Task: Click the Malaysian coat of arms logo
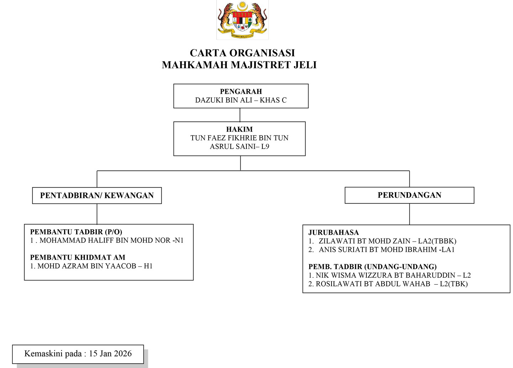click(x=242, y=20)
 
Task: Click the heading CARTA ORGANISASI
click(x=242, y=53)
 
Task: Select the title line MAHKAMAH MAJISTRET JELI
click(x=239, y=65)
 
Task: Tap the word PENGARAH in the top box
click(x=241, y=92)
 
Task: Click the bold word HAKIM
click(x=240, y=129)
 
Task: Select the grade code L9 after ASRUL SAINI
click(x=265, y=147)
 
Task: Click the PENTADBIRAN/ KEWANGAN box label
click(x=97, y=195)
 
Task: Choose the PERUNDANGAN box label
click(x=409, y=195)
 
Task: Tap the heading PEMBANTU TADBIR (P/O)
click(x=76, y=232)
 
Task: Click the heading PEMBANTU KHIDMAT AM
click(x=78, y=257)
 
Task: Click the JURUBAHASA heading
click(x=334, y=232)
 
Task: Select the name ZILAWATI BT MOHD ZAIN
click(x=365, y=241)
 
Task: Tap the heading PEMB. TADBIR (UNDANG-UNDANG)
click(x=372, y=267)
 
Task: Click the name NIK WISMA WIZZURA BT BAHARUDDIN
click(x=386, y=275)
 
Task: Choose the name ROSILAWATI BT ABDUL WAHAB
click(x=373, y=284)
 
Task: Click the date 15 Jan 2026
click(x=110, y=354)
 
